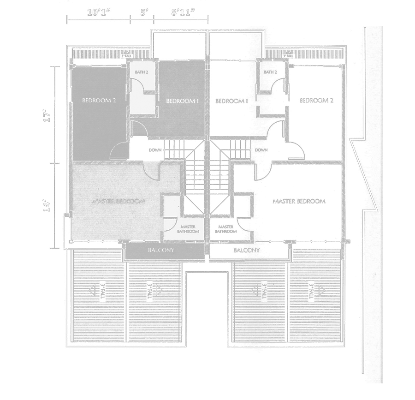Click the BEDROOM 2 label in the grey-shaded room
99,100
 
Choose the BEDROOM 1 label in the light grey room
182,101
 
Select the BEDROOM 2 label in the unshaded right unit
316,101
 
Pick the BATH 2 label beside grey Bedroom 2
141,72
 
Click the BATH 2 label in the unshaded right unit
270,72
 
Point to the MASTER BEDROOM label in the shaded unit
119,201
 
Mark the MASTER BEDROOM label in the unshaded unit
299,201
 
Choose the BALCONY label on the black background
247,250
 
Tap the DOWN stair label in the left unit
155,150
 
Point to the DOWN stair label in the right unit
261,150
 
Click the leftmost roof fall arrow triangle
91,290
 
